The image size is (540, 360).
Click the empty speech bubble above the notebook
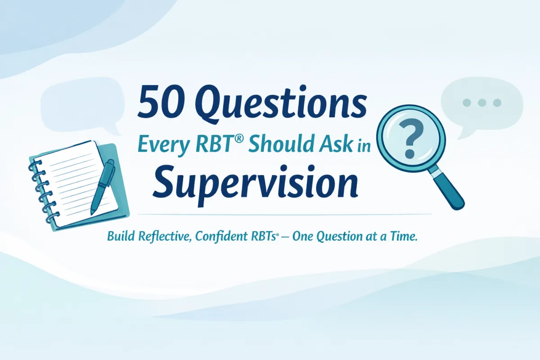click(x=82, y=104)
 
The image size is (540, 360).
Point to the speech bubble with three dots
click(x=481, y=106)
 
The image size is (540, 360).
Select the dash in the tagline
click(x=285, y=238)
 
